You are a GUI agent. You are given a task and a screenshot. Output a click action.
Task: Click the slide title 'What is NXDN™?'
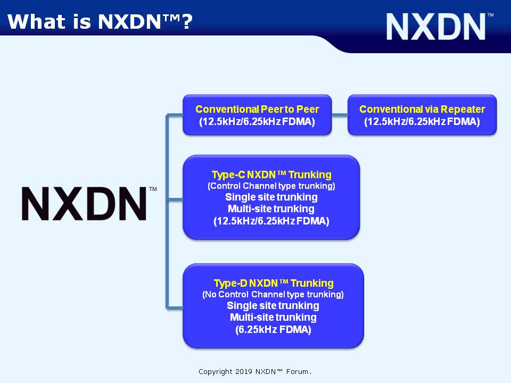tap(100, 22)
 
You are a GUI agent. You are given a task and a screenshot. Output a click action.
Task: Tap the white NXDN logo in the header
tap(440, 27)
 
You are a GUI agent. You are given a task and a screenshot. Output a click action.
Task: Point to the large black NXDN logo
tap(89, 204)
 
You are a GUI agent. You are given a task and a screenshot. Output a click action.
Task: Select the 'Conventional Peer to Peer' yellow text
tap(257, 109)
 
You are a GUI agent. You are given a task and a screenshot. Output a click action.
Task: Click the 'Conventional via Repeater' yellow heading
tap(422, 109)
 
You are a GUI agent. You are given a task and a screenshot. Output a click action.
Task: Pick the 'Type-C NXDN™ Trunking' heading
tap(271, 174)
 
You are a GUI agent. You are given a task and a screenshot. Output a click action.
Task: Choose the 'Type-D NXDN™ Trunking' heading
tap(274, 283)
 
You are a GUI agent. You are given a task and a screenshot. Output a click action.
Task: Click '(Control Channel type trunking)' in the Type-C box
tap(271, 186)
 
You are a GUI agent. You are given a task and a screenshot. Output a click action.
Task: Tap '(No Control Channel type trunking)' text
tap(273, 294)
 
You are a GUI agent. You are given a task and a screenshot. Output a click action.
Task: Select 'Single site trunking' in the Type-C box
tap(271, 197)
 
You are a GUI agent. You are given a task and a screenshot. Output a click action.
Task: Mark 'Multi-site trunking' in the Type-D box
tap(273, 317)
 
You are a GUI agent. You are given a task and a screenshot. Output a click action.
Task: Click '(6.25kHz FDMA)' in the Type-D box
tap(273, 330)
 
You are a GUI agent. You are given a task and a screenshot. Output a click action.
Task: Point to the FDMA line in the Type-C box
tap(271, 221)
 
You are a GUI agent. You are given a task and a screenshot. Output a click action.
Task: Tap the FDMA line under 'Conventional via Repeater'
tap(422, 122)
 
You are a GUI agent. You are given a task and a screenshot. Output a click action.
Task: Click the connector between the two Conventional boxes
tap(340, 115)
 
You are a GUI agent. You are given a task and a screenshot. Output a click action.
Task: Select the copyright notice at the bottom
tap(255, 372)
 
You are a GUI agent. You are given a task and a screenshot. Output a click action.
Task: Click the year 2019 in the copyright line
tap(244, 372)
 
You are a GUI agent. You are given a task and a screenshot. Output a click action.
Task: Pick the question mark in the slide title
tap(187, 22)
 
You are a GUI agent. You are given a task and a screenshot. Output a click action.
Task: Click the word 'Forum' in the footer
tap(297, 372)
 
